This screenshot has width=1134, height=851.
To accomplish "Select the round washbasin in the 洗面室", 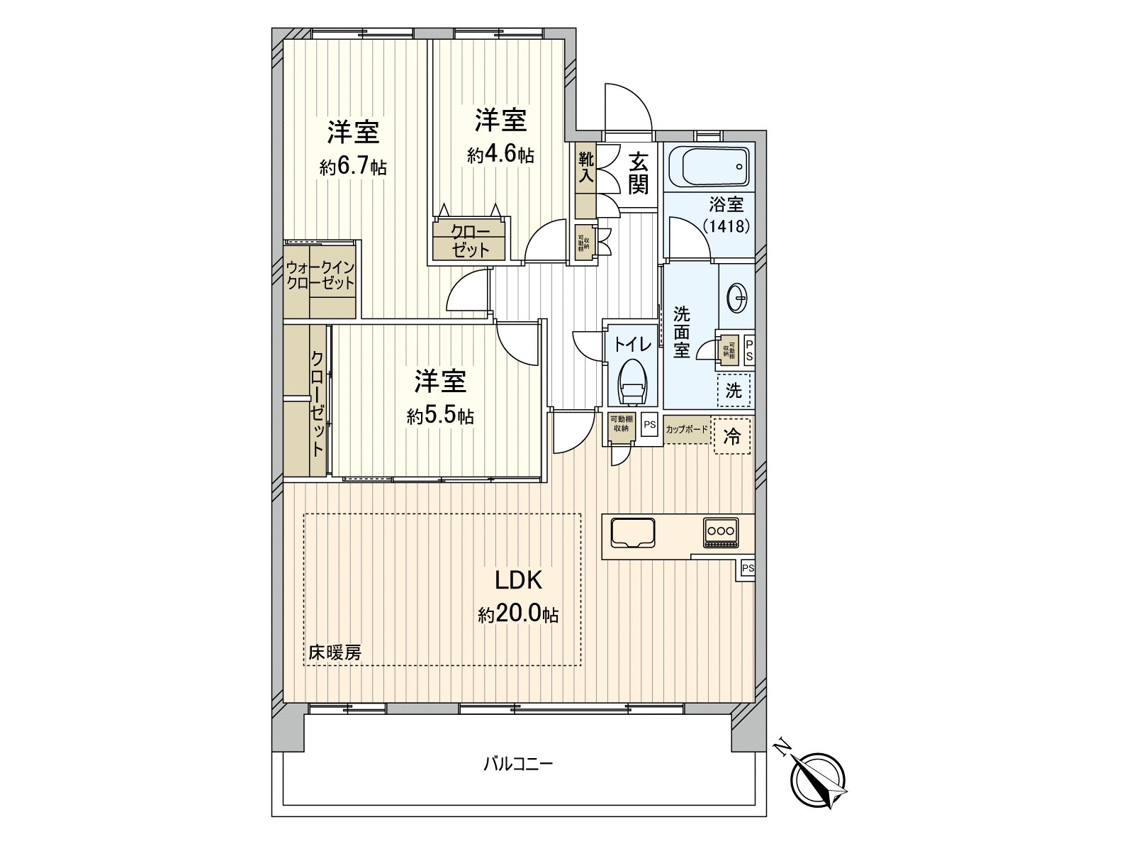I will pos(737,297).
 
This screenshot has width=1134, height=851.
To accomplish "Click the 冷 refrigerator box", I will pos(732,436).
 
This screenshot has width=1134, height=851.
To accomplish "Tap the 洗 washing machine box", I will pos(734,390).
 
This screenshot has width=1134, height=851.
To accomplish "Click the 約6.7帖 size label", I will pos(353,168).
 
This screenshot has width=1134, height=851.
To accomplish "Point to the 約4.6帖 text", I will pos(500,155).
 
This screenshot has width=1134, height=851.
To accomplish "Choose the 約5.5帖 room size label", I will pos(440,416).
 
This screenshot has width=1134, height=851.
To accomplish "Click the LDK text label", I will pos(518,580).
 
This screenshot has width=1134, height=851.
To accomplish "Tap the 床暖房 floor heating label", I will pos(335,652).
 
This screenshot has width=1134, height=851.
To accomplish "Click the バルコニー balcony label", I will pos(518,764).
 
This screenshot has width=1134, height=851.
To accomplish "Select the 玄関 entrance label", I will pos(637,174).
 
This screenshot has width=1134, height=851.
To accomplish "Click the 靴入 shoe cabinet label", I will pos(585,168).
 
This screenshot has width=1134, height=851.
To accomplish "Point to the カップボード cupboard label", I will pos(687,430).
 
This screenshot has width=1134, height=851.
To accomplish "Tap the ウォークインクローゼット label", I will pos(320,275).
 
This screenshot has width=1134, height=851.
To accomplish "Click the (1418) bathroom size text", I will pos(726,226).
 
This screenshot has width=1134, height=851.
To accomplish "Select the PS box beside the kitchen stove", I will pos(747,569).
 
